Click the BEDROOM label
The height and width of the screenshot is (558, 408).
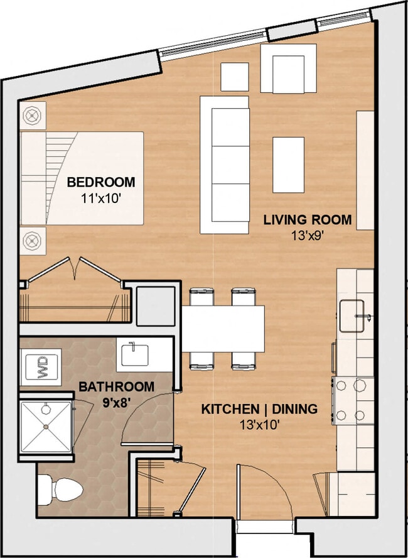100,182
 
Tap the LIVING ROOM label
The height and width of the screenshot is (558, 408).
307,220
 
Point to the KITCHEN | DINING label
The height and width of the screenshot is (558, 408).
259,409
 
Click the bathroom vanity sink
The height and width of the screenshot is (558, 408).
132,354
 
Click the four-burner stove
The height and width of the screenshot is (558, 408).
353,400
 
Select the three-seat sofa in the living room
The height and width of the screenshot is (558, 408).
225,164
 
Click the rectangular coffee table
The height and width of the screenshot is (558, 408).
288,165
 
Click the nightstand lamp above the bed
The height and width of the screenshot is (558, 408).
32,116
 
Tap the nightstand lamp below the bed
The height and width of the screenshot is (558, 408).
32,239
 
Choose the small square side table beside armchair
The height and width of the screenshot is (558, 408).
234,77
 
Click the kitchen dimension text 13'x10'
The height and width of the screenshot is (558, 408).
259,424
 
